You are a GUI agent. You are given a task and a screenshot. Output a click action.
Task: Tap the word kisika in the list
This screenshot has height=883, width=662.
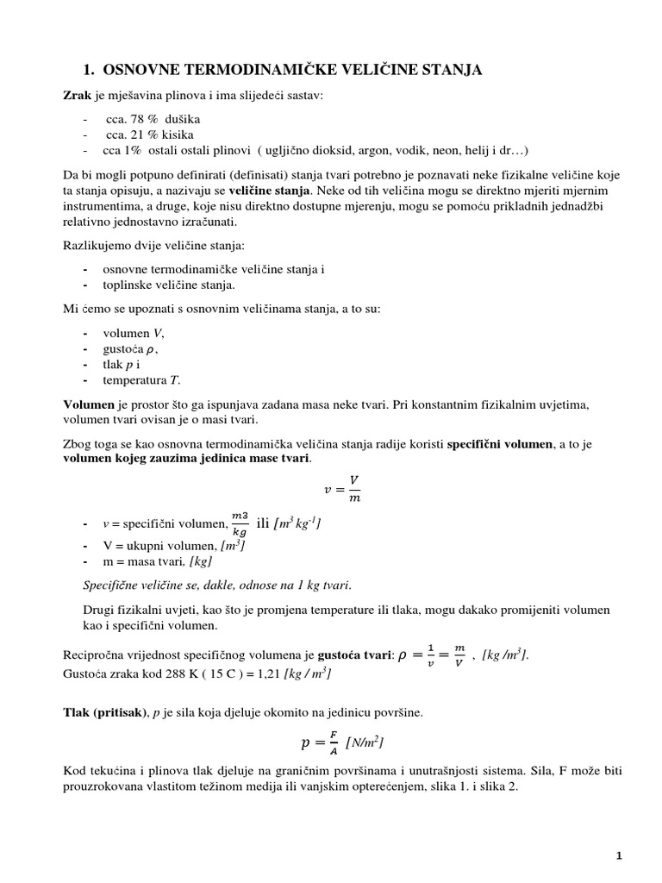point(177,134)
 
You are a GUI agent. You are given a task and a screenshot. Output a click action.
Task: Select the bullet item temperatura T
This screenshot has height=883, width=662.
point(141,379)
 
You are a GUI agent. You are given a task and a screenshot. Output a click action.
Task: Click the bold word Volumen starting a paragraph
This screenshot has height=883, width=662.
point(89,404)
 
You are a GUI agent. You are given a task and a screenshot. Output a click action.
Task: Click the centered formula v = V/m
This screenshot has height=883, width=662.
point(339,488)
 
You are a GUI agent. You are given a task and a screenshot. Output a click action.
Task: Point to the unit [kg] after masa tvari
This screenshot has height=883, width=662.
point(200,560)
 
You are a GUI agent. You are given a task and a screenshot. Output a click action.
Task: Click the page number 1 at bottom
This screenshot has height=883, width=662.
point(619,855)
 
